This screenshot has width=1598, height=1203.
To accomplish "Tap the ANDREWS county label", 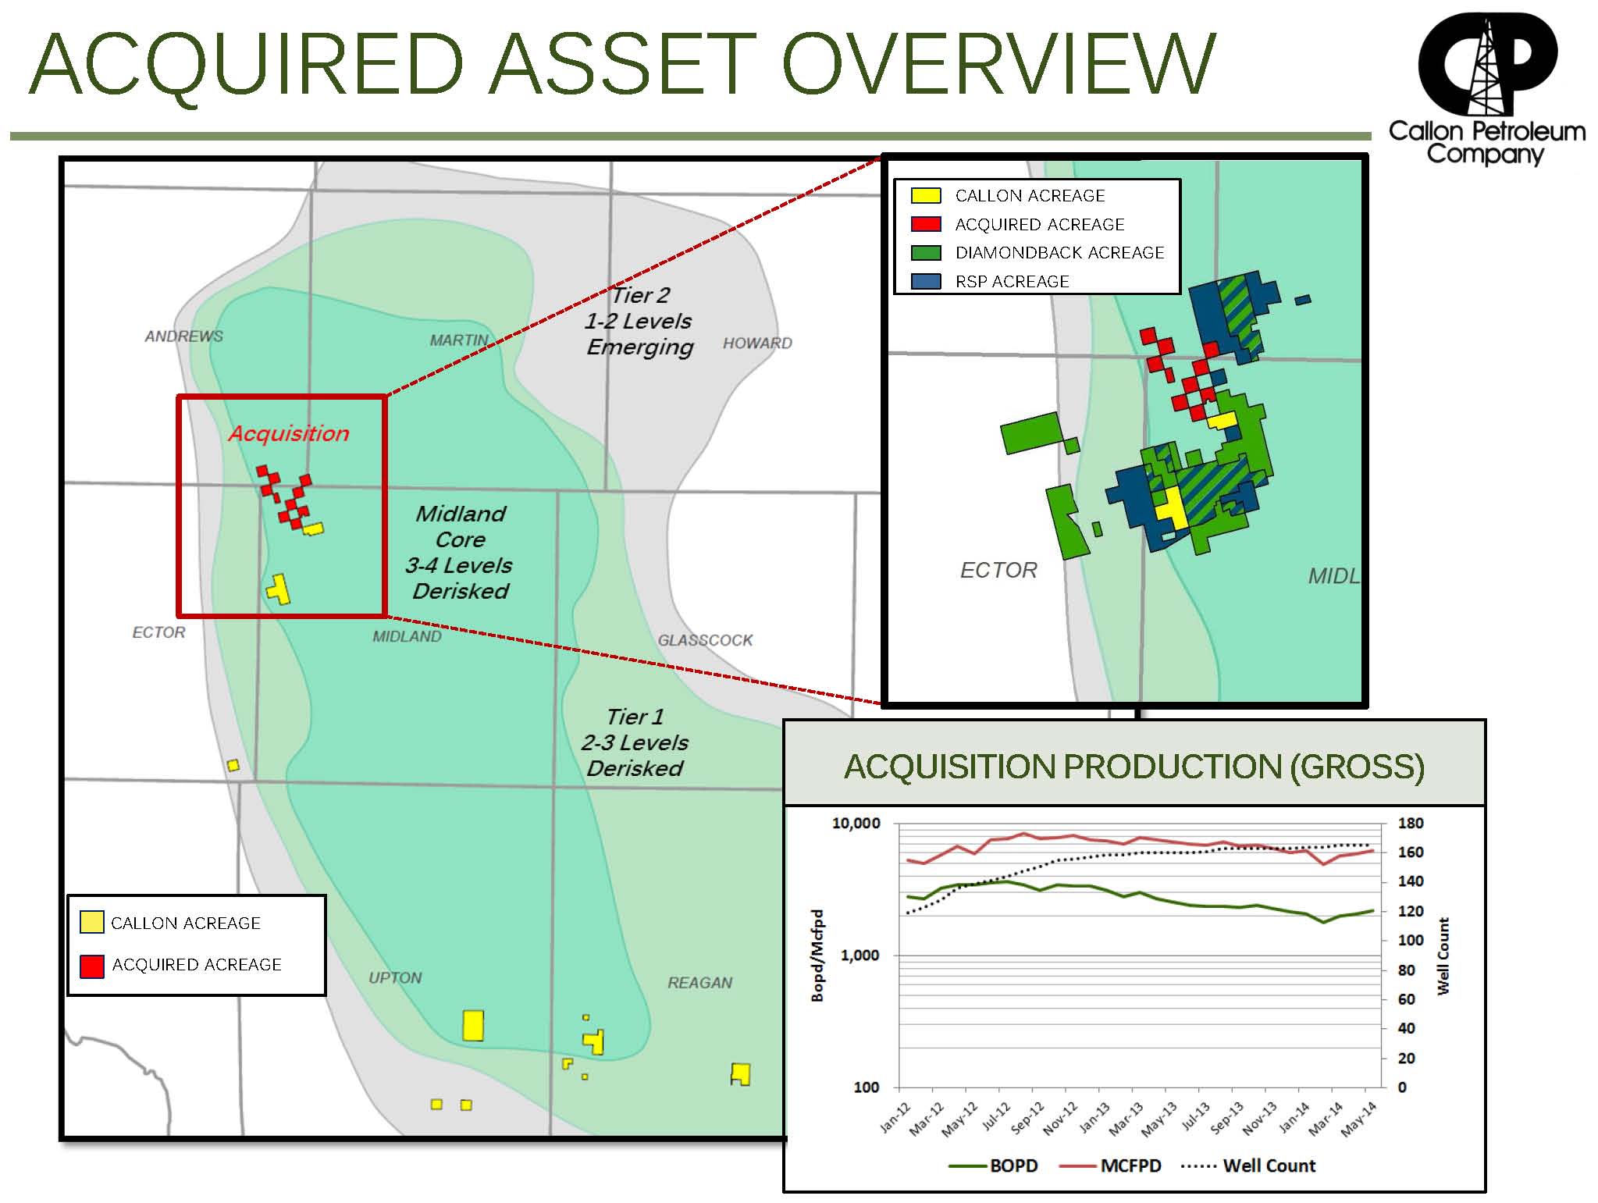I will [x=183, y=336].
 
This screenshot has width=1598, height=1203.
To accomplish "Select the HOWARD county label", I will [x=757, y=343].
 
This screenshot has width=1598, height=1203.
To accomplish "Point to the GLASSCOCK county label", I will [x=705, y=640].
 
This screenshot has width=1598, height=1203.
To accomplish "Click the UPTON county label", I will [x=395, y=978].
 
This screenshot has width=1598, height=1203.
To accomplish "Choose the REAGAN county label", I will [x=699, y=983].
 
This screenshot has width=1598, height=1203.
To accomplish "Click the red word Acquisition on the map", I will [x=289, y=434].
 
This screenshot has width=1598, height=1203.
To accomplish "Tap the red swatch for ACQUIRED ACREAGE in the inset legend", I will [x=926, y=225].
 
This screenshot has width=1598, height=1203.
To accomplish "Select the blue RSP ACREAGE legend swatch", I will [x=926, y=282].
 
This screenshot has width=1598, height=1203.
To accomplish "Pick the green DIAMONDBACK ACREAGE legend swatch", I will [x=926, y=253].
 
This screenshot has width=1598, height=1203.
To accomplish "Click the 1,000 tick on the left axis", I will [x=860, y=956].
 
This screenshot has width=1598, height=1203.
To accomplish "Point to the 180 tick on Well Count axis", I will [x=1410, y=823].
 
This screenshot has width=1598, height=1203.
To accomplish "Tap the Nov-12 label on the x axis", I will [x=1059, y=1118].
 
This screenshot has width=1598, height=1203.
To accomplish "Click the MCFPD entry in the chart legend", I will [x=1130, y=1166].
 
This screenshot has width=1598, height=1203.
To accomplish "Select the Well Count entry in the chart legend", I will [x=1269, y=1166].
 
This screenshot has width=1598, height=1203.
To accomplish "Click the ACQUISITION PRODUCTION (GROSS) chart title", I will [x=1134, y=767].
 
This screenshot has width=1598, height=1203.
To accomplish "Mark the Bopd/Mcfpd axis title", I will [x=817, y=956].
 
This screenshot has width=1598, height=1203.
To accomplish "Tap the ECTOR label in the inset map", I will [x=998, y=571].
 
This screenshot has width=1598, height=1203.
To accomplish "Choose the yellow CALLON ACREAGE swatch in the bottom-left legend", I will [x=91, y=923].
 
